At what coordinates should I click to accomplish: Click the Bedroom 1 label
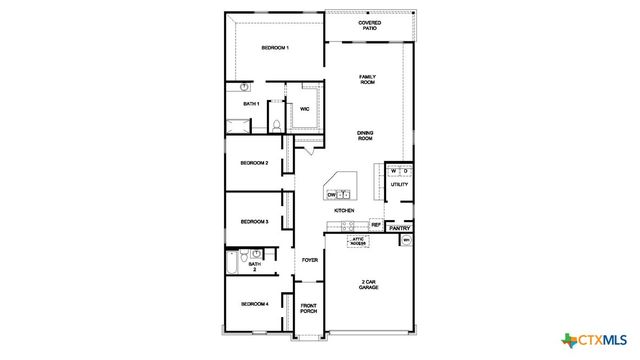click(275, 48)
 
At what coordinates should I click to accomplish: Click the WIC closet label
click(304, 108)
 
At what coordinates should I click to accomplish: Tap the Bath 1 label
click(251, 103)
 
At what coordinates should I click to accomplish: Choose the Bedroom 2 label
click(253, 163)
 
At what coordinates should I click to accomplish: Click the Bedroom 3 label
click(253, 222)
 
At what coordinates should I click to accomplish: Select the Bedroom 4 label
click(253, 304)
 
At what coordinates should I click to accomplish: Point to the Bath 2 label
click(253, 267)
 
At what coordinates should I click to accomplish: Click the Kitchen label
click(344, 211)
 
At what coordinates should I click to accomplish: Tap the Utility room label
click(398, 185)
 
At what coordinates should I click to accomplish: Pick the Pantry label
click(400, 228)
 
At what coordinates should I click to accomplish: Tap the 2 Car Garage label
click(368, 284)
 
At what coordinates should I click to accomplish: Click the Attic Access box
click(358, 241)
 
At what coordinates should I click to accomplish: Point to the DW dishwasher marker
click(330, 195)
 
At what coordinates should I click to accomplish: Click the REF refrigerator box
click(376, 225)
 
